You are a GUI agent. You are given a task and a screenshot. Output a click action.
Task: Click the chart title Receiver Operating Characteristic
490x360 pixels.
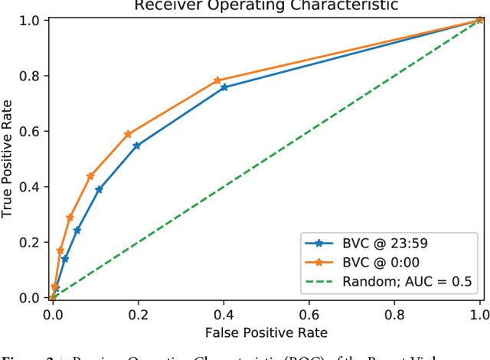click(x=266, y=6)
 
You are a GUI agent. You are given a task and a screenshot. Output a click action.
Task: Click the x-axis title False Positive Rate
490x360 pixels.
click(x=266, y=332)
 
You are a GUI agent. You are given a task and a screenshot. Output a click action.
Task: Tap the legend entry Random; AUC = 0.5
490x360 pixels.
click(x=398, y=282)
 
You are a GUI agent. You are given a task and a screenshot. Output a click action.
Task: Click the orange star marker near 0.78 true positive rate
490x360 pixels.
click(x=217, y=80)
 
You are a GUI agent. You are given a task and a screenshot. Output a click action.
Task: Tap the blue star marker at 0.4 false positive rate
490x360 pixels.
click(x=224, y=87)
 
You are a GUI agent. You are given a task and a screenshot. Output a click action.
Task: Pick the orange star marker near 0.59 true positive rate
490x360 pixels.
click(x=128, y=134)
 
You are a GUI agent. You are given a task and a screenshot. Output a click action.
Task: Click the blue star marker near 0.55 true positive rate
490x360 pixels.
click(x=136, y=146)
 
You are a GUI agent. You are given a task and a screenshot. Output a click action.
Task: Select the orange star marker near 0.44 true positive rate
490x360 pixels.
click(x=90, y=176)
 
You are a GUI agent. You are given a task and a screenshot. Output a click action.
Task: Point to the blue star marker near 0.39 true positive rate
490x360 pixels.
click(x=99, y=189)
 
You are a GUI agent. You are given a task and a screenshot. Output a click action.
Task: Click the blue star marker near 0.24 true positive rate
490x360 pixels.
click(x=77, y=231)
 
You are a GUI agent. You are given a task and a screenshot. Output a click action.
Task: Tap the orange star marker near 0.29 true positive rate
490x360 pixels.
click(x=70, y=218)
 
